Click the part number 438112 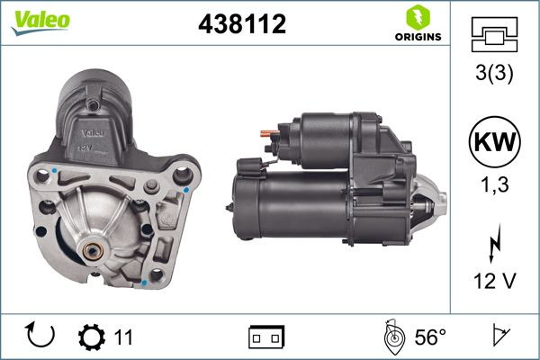coord(241,26)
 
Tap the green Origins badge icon coord(417,17)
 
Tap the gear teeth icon coord(92,337)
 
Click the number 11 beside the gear coord(123,337)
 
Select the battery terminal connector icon coord(265,337)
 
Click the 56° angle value coord(430,337)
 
